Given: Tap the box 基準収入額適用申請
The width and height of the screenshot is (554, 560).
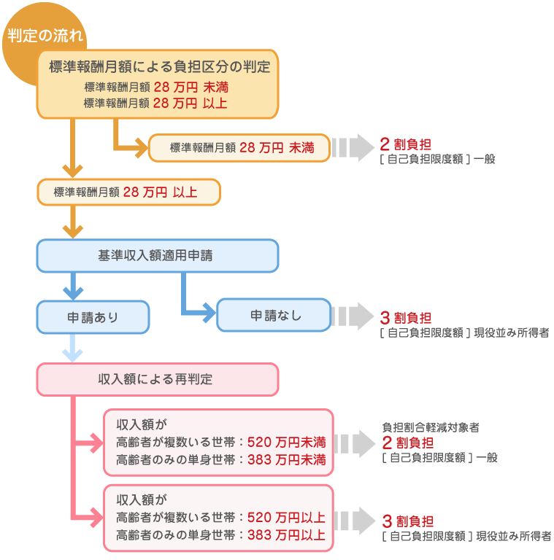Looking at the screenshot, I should (x=157, y=256).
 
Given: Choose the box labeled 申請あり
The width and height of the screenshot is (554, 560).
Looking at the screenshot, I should (x=93, y=317).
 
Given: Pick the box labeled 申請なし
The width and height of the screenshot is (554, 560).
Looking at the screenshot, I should (x=274, y=316).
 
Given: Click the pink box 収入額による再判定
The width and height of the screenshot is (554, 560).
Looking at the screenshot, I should (x=157, y=379).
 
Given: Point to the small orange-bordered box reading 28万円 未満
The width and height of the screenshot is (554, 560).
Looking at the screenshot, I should (x=240, y=148).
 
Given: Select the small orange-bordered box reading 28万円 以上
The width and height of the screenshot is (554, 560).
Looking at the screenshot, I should (x=127, y=192).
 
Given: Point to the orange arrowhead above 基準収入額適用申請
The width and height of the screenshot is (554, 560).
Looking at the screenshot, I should (x=72, y=230).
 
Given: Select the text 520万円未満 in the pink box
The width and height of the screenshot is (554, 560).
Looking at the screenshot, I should (x=287, y=442).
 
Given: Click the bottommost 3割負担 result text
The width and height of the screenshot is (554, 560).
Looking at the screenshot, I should (x=407, y=521).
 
